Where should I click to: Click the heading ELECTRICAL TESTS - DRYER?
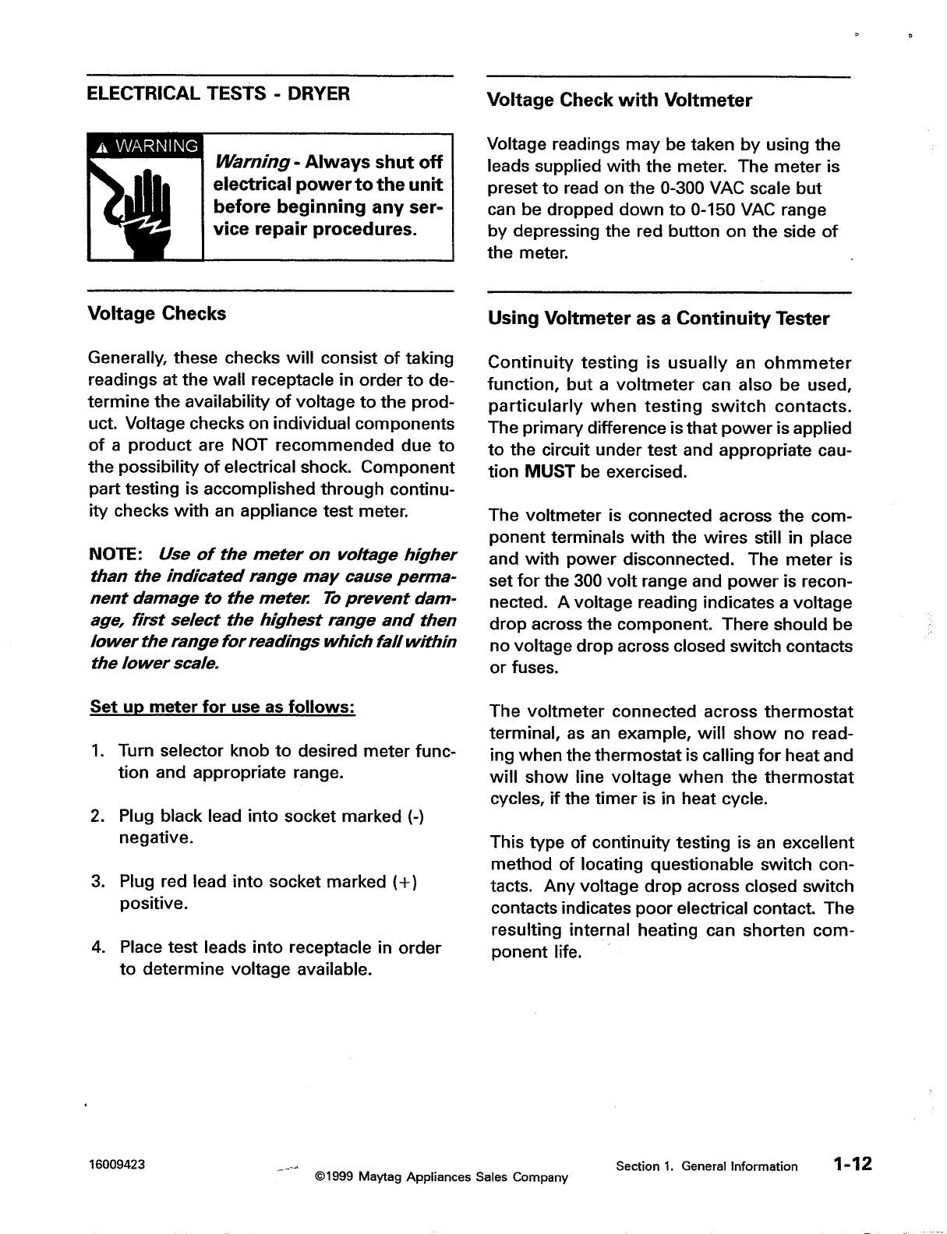(219, 94)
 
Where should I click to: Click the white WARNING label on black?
(145, 146)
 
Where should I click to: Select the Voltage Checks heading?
(157, 314)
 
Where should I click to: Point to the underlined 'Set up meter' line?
(223, 707)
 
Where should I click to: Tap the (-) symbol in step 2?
(415, 816)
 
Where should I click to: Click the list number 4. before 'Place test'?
(98, 947)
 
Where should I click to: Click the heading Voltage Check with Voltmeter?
(619, 100)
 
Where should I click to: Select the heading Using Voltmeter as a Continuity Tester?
(658, 319)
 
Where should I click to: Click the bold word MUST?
(550, 472)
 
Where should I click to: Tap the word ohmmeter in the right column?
(807, 363)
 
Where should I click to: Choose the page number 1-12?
(851, 1165)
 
